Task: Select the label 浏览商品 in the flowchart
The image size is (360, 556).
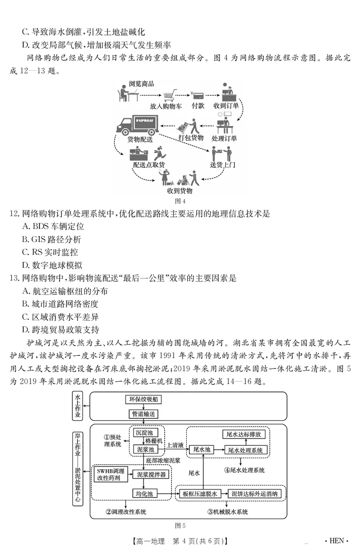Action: [x=141, y=84]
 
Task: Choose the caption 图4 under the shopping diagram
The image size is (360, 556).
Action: [x=180, y=201]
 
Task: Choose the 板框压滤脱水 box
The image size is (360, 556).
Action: [x=200, y=494]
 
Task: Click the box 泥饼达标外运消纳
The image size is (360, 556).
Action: [x=256, y=494]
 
